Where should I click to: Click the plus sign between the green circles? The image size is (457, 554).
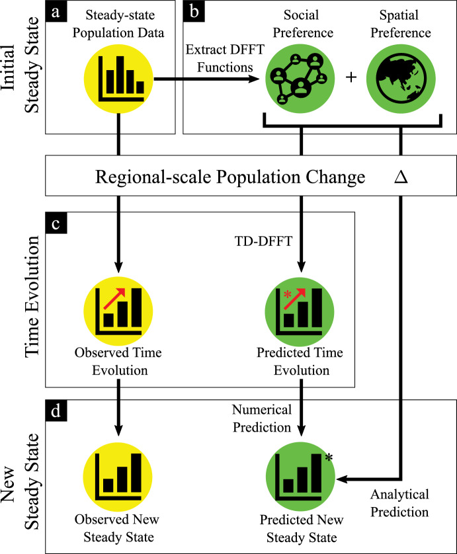pyautogui.click(x=350, y=77)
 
